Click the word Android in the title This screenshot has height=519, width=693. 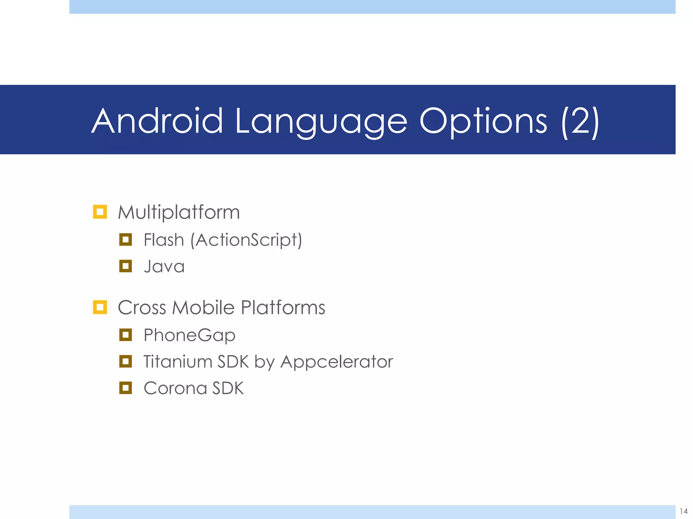(x=157, y=121)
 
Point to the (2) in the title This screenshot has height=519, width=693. (x=580, y=122)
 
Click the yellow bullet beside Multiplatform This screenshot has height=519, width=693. (x=100, y=212)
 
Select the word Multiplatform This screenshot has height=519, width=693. (x=179, y=213)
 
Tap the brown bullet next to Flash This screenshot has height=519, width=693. (x=126, y=240)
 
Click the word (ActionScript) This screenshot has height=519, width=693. (x=246, y=240)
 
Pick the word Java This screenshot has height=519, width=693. (x=164, y=266)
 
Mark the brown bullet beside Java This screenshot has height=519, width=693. (x=126, y=266)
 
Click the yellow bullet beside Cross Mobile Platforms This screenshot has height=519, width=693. (x=100, y=307)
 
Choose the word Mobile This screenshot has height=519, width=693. (x=203, y=308)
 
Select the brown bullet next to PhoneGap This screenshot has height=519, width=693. (x=126, y=335)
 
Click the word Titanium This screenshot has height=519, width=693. (x=178, y=362)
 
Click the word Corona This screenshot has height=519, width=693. (x=175, y=388)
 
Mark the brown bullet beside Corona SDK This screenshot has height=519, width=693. (x=126, y=388)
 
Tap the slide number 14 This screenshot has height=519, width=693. (x=684, y=511)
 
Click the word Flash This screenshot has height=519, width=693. (x=164, y=240)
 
